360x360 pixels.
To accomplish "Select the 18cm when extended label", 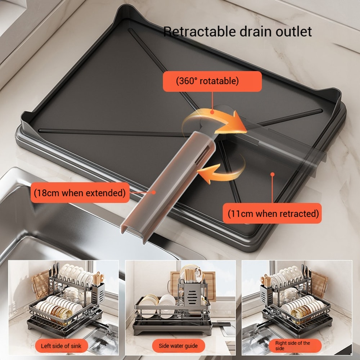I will point(80,193).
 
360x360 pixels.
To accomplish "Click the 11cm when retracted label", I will point(273,213).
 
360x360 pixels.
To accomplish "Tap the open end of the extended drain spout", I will point(133,230).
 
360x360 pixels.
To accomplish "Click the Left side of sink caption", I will point(61,346).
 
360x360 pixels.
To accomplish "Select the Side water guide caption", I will point(178,346).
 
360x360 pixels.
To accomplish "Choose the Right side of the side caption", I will point(292,346).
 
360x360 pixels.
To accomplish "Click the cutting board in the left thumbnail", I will point(40,284).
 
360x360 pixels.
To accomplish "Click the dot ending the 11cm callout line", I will point(273,174).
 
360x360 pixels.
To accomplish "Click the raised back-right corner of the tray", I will point(333,97).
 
